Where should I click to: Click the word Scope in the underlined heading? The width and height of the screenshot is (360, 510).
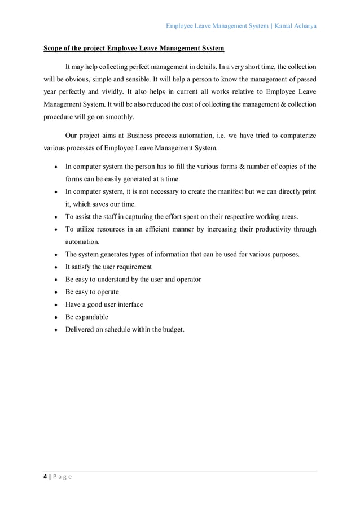(x=54, y=49)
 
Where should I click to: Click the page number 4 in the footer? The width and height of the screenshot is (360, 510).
(x=46, y=476)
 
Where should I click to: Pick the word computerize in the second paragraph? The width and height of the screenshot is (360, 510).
(x=295, y=136)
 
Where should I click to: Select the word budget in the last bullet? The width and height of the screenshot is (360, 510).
(x=171, y=329)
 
